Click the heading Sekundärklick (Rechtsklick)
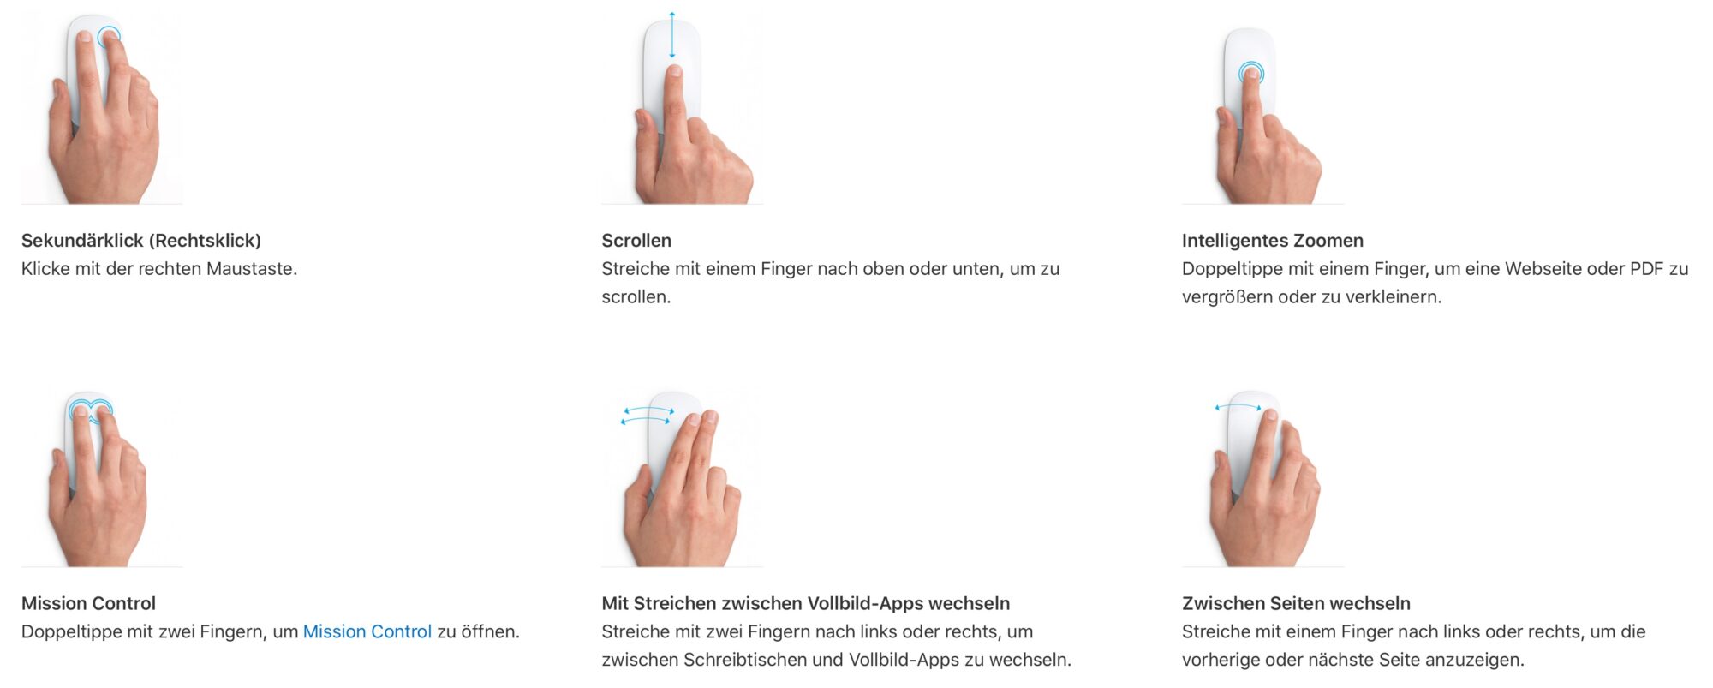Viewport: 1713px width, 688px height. click(141, 241)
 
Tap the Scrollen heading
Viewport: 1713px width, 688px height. click(636, 241)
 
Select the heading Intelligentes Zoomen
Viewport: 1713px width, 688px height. click(1272, 241)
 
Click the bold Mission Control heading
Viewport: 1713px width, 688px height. click(88, 603)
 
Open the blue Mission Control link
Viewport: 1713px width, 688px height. click(367, 632)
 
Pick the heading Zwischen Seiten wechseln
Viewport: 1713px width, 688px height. click(1296, 603)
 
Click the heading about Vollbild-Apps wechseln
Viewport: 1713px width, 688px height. click(805, 603)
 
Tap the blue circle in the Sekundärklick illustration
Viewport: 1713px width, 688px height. click(109, 37)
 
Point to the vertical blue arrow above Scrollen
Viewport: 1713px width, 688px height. click(672, 35)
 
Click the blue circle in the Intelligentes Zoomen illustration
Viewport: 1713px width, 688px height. click(1251, 72)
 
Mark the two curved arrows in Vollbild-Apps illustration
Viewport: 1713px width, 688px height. click(647, 416)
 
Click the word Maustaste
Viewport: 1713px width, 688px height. click(252, 269)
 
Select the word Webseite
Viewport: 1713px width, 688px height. click(1543, 269)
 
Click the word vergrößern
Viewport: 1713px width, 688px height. click(1227, 297)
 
